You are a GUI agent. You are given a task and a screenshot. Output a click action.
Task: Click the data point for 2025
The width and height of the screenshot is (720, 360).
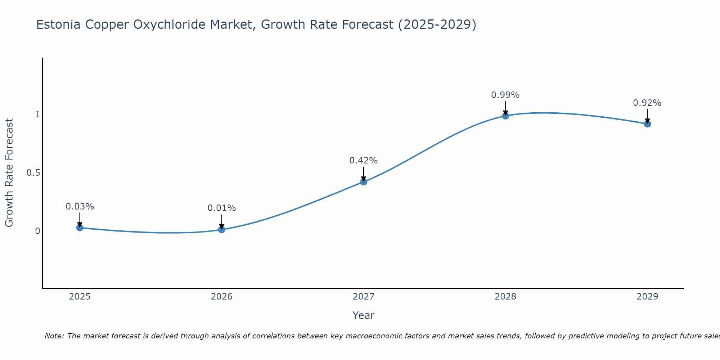coord(80,228)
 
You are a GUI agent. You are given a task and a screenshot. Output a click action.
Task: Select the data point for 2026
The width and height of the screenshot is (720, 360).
coord(222,230)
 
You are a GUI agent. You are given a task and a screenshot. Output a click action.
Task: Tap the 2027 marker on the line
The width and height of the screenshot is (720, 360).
coord(364,182)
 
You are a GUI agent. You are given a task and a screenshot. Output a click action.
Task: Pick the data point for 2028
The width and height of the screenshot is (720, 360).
coord(505,116)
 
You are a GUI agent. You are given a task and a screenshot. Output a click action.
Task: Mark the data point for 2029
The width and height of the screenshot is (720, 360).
coord(647,124)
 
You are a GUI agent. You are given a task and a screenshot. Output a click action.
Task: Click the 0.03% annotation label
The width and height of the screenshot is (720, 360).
coord(80,207)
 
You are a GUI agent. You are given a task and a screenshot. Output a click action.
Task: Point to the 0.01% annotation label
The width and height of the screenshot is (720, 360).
coord(222,208)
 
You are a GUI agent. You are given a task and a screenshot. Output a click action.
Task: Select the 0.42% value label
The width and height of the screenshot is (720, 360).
coord(364,161)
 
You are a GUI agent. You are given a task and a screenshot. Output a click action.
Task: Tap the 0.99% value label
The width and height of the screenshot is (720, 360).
coord(505,95)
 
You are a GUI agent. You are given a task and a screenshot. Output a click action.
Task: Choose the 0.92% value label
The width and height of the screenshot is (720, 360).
coord(647,103)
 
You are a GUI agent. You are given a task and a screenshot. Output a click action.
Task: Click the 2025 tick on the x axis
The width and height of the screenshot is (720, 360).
coord(80,297)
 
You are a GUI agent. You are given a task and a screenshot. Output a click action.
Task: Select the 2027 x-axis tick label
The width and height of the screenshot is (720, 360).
coord(364,297)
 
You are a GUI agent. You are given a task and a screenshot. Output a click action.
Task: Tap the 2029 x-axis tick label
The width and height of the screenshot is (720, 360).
coord(647,297)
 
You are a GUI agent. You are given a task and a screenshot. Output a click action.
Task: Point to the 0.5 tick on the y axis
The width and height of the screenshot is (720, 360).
coord(33,173)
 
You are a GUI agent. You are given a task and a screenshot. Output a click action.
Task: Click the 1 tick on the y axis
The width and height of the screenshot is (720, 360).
coord(37,114)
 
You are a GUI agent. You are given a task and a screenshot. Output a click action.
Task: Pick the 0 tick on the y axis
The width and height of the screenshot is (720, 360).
coord(37,231)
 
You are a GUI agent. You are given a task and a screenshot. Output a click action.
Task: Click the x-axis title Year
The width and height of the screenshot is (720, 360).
coord(364,315)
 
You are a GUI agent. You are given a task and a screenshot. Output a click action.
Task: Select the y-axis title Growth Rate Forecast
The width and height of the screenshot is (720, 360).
coord(9,173)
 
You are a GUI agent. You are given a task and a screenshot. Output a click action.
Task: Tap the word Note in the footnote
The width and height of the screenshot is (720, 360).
coord(54,336)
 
